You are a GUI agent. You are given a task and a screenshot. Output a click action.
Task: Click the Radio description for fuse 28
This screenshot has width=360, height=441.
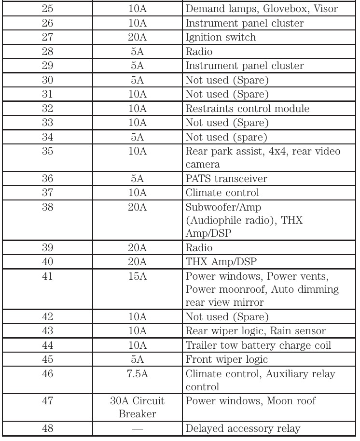point(197,51)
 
